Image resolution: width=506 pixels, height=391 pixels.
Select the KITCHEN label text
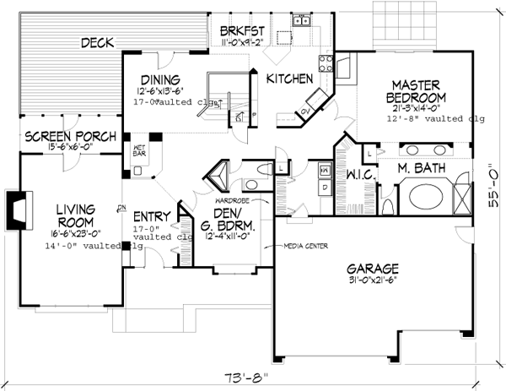coord(290,79)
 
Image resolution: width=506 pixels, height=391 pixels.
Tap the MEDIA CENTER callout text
coord(303,247)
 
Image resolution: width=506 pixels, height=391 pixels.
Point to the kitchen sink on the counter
coord(302,22)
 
